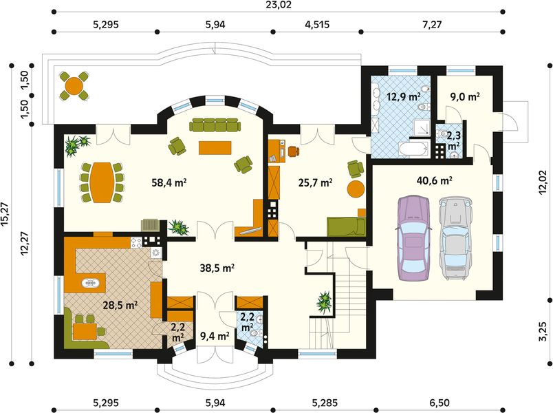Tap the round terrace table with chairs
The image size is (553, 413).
pos(74,85)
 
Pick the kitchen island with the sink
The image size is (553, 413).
pos(90,282)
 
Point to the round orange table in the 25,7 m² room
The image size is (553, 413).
pos(355,189)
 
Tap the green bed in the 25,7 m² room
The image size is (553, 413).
pos(345,225)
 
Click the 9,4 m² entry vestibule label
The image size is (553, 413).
pos(214,337)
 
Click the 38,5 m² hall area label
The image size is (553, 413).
pos(219,267)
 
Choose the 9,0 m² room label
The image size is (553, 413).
pos(464,97)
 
